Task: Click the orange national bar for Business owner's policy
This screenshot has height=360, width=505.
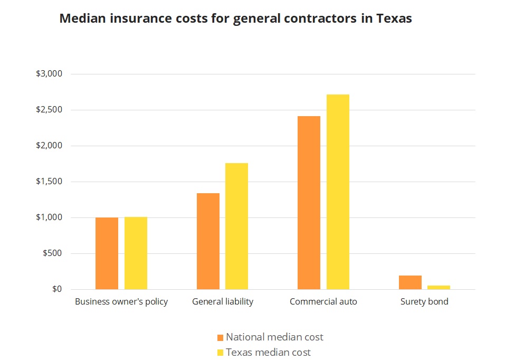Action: coord(107,253)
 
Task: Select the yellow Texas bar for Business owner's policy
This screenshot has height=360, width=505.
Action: coord(136,253)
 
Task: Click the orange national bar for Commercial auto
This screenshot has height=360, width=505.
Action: coord(309,203)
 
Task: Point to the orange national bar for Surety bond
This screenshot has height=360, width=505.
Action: coord(410,282)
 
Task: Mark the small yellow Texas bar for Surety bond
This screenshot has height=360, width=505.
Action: coord(439,287)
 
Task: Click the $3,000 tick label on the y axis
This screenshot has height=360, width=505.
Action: coord(49,74)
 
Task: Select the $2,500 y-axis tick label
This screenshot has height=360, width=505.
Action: coord(49,110)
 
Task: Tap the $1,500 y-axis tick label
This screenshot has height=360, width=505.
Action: coord(49,182)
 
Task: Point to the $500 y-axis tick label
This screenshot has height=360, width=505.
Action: coord(52,253)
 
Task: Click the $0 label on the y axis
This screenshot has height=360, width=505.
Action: coord(57,289)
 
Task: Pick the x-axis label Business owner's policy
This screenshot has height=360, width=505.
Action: coord(121,302)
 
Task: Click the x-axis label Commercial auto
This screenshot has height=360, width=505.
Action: coord(323,302)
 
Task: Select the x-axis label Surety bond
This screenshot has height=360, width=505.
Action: coord(424,302)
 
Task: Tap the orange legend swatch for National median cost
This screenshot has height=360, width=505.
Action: coord(221,337)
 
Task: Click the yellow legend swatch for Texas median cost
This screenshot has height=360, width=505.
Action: coord(221,352)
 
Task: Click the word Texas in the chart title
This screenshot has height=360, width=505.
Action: coord(394,18)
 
